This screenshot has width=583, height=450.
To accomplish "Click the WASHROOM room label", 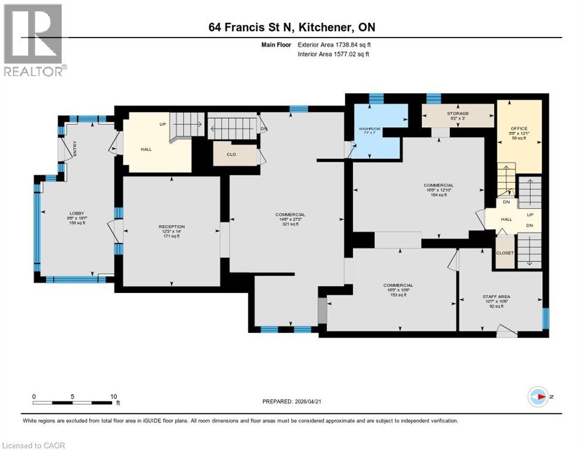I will click(370, 128).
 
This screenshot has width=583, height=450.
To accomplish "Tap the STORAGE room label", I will click(457, 114).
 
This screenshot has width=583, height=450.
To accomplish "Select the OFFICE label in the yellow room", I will click(518, 128).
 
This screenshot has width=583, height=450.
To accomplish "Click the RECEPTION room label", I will click(171, 227).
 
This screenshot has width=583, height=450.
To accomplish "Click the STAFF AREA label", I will click(496, 296).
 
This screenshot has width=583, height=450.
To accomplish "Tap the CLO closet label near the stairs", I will click(231, 155).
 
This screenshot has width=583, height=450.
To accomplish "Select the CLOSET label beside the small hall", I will click(504, 253).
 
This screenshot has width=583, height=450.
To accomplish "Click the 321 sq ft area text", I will click(291, 224).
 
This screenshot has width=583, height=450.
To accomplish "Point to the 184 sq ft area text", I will click(438, 195).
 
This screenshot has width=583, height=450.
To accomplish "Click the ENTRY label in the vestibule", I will click(75, 150).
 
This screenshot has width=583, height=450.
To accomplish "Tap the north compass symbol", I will click(538, 397).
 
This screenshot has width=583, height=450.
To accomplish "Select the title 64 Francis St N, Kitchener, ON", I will click(291, 28).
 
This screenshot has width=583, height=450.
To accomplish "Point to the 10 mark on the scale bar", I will click(113, 396).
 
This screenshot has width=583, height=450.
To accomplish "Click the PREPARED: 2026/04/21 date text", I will click(291, 401).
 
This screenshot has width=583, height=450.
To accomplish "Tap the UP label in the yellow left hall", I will click(163, 125).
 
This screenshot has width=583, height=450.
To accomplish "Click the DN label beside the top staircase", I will click(263, 129).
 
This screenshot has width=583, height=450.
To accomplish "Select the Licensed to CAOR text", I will click(33, 445).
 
